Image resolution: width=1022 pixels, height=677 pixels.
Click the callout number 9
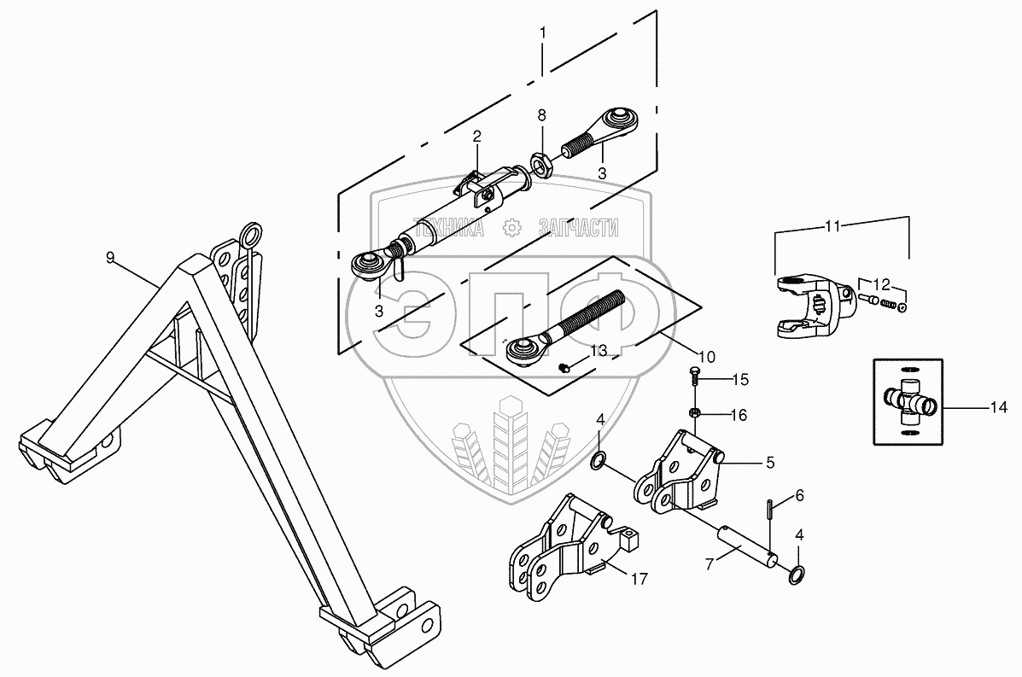pyautogui.click(x=110, y=257)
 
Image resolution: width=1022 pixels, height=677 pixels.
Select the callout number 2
pyautogui.click(x=477, y=136)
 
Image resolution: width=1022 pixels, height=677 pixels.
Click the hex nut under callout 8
pyautogui.click(x=540, y=160)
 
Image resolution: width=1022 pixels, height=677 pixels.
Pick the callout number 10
pyautogui.click(x=709, y=355)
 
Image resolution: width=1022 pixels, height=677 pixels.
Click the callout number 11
pyautogui.click(x=832, y=226)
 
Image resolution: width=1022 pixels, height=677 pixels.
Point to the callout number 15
pyautogui.click(x=739, y=378)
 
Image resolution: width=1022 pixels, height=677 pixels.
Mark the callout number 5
pyautogui.click(x=769, y=463)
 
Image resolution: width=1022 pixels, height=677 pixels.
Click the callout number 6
pyautogui.click(x=799, y=495)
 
